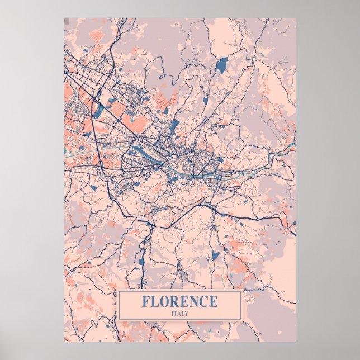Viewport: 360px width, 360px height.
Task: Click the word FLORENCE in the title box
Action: (179, 302)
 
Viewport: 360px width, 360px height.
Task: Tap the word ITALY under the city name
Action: (180, 313)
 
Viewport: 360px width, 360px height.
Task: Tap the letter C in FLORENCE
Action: (204, 302)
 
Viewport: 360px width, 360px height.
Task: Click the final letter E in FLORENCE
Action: (213, 302)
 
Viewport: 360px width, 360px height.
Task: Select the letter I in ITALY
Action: (172, 313)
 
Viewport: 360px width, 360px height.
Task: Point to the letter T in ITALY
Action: (176, 313)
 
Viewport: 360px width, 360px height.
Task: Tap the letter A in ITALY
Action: (179, 313)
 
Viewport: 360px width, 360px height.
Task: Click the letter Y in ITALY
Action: (187, 313)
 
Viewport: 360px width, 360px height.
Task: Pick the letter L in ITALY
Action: (183, 313)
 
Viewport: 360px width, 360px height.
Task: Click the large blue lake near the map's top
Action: (221, 64)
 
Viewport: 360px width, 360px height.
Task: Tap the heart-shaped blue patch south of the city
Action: (215, 256)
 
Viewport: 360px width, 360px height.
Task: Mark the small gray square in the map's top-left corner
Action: (67, 21)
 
